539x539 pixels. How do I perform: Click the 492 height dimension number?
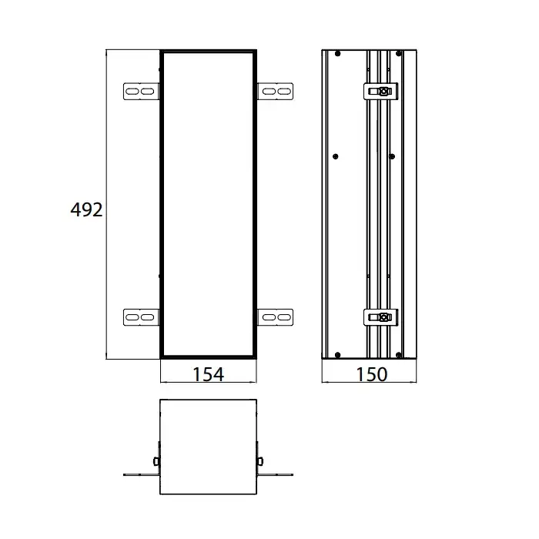[86, 209]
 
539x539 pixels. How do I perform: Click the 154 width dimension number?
[209, 374]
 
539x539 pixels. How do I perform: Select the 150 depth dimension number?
[372, 374]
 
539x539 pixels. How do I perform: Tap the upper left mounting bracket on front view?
[141, 92]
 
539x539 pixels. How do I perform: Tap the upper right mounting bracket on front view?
[275, 92]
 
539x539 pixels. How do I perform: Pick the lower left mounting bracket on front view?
[141, 317]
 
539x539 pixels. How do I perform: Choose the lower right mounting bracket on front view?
[275, 317]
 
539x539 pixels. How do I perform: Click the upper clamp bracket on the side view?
[380, 92]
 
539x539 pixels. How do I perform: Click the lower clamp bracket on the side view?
[380, 317]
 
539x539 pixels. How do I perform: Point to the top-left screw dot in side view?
[337, 54]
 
